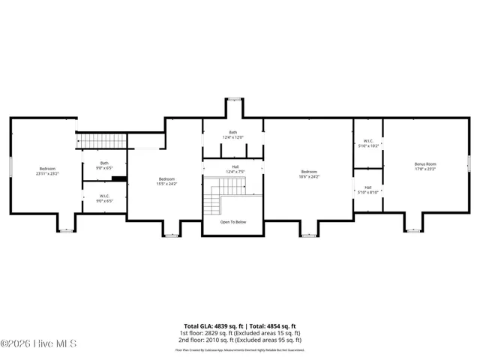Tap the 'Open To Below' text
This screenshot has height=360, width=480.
point(233,222)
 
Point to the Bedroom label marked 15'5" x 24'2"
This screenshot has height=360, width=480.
point(166,181)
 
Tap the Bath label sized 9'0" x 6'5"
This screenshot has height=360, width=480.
point(104,166)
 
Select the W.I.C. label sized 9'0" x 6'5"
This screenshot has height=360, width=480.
point(104,199)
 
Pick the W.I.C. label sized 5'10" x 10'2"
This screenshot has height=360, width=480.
point(368,142)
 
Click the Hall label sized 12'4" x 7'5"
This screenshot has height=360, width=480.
point(235,169)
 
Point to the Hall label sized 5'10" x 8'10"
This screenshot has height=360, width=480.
point(368,190)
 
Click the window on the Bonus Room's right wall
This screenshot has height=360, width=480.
point(468,163)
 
